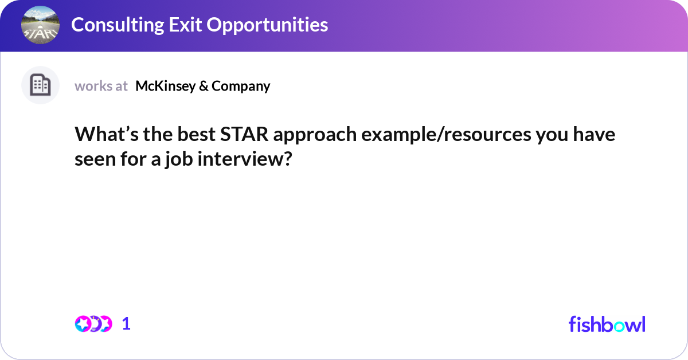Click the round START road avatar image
tap(40, 26)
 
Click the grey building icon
tap(40, 85)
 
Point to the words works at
tap(101, 86)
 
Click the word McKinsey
tap(165, 86)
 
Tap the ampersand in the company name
tap(204, 86)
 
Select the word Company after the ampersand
tap(241, 86)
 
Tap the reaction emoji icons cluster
tap(93, 324)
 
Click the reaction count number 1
tap(126, 324)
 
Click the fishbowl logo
tap(607, 324)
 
